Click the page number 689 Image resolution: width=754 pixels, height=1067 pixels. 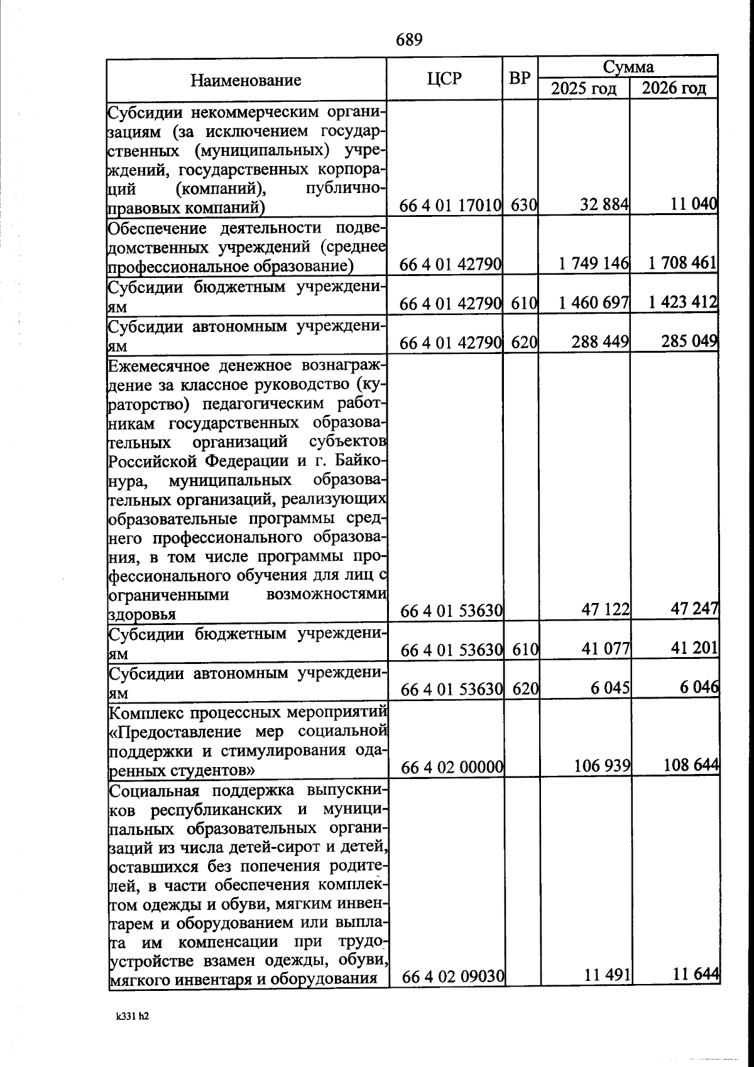(x=409, y=40)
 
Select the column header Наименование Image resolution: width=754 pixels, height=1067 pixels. (x=246, y=80)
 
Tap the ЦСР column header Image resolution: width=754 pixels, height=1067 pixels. (x=444, y=79)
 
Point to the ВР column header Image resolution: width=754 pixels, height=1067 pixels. (x=520, y=79)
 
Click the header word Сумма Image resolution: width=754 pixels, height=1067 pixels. (x=628, y=67)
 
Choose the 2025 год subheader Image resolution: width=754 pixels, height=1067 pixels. (x=584, y=89)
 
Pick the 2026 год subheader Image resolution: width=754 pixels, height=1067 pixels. (x=674, y=89)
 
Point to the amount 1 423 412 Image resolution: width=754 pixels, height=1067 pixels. (x=683, y=302)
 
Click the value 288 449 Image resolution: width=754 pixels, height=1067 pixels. (x=600, y=343)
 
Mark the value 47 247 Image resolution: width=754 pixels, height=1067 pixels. (x=694, y=608)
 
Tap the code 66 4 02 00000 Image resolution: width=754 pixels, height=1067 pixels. (x=452, y=767)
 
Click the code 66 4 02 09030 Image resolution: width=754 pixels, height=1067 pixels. (x=452, y=977)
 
